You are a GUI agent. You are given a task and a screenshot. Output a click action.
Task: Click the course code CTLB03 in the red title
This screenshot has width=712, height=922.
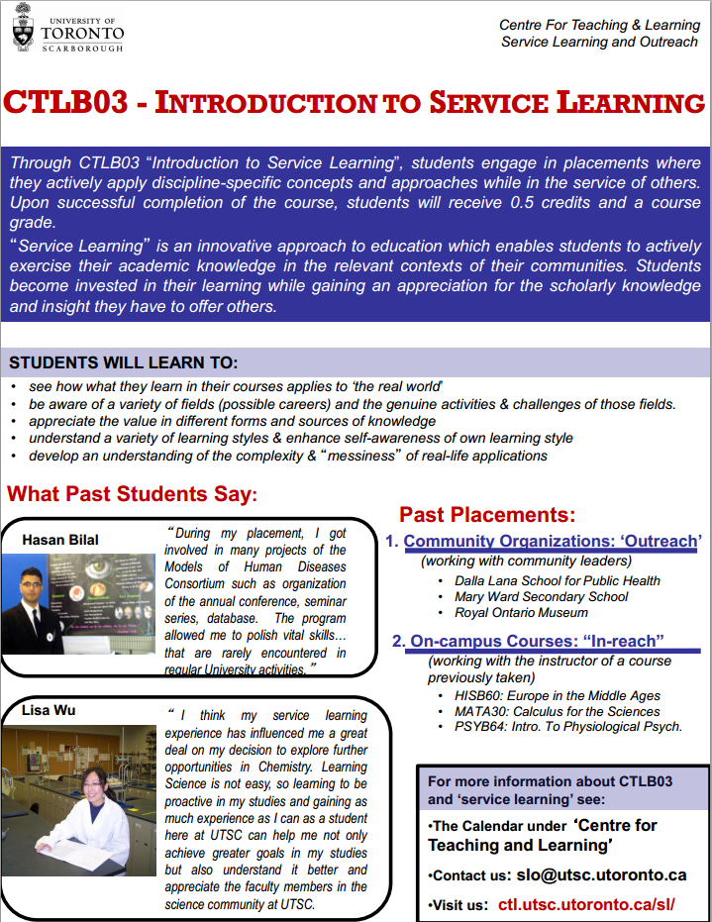click(64, 103)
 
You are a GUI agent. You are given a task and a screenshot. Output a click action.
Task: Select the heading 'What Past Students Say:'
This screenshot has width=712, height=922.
click(132, 493)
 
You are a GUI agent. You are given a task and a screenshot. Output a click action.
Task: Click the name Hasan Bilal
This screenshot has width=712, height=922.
click(60, 540)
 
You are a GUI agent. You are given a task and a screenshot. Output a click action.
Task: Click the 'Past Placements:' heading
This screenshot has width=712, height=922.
click(487, 514)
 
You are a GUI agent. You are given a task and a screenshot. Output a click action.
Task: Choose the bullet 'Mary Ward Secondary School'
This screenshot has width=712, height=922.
click(541, 596)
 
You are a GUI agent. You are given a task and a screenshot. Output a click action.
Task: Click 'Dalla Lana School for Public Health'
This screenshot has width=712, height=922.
click(557, 580)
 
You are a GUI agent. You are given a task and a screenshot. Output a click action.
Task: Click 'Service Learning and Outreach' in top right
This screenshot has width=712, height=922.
click(599, 42)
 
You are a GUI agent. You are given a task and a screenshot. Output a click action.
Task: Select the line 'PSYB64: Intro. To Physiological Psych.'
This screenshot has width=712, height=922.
click(561, 726)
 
